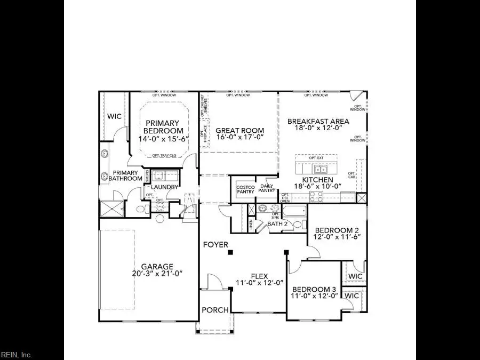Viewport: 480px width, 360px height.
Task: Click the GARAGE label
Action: coord(157,266)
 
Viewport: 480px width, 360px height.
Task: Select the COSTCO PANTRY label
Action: coord(245,189)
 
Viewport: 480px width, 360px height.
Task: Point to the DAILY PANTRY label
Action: coord(267,188)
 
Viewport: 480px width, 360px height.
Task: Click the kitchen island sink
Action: coord(321,170)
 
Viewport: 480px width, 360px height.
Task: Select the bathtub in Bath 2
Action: coord(293,211)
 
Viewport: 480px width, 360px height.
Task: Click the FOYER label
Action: coord(215,245)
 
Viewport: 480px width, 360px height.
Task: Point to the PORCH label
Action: coord(215,310)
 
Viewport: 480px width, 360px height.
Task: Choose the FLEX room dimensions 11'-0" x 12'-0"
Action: coord(259,283)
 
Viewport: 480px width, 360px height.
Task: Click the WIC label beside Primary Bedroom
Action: coord(114,116)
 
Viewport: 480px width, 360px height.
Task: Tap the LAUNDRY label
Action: coord(164,187)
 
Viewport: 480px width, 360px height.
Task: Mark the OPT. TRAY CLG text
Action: coord(163,155)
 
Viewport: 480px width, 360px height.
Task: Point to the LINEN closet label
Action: coord(250,224)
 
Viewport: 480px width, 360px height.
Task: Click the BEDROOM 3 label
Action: coord(314,287)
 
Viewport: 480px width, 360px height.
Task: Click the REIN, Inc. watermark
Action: coord(17,355)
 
